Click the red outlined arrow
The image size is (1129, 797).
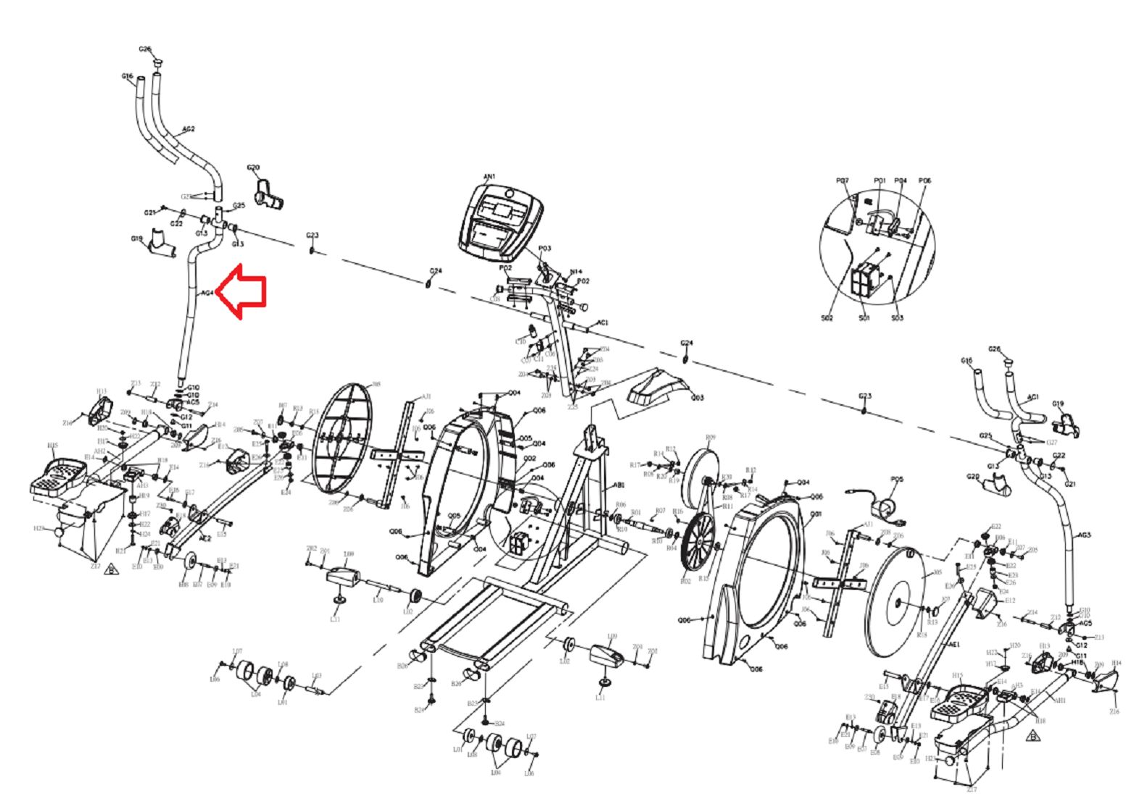pos(243,291)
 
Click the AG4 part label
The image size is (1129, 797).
pos(207,293)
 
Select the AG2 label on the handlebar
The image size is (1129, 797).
pos(188,129)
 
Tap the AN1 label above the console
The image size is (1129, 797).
pos(489,177)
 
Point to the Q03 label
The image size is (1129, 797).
pos(697,398)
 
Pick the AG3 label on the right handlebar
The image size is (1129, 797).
pos(1083,535)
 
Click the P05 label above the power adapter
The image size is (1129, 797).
pos(897,479)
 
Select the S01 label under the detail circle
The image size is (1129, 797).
pos(864,318)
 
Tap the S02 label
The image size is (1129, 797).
pos(827,318)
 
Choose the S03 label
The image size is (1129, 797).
pos(897,318)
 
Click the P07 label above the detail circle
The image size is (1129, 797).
pos(842,180)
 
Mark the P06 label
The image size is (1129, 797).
pos(925,180)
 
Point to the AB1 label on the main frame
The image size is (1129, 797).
pos(619,485)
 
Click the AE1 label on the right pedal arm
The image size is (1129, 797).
pos(954,644)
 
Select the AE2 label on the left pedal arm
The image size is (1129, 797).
pos(204,539)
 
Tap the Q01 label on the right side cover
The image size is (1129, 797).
pos(816,514)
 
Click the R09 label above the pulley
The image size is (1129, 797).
pos(710,438)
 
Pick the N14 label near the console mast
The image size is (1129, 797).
pos(576,272)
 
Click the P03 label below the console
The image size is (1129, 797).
pos(545,249)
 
